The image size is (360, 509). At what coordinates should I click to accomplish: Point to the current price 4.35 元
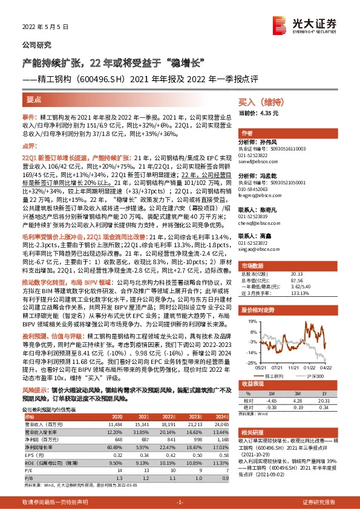[266, 113]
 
